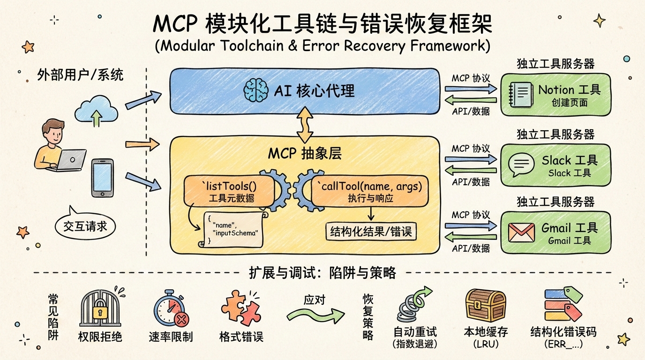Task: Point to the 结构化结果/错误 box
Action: [x=370, y=231]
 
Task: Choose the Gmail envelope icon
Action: [x=521, y=232]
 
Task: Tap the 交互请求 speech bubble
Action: [x=85, y=225]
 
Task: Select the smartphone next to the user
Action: [x=102, y=178]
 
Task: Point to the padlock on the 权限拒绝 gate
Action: [x=100, y=311]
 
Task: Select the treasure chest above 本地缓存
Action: [x=485, y=305]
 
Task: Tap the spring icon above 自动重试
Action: [x=411, y=307]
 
